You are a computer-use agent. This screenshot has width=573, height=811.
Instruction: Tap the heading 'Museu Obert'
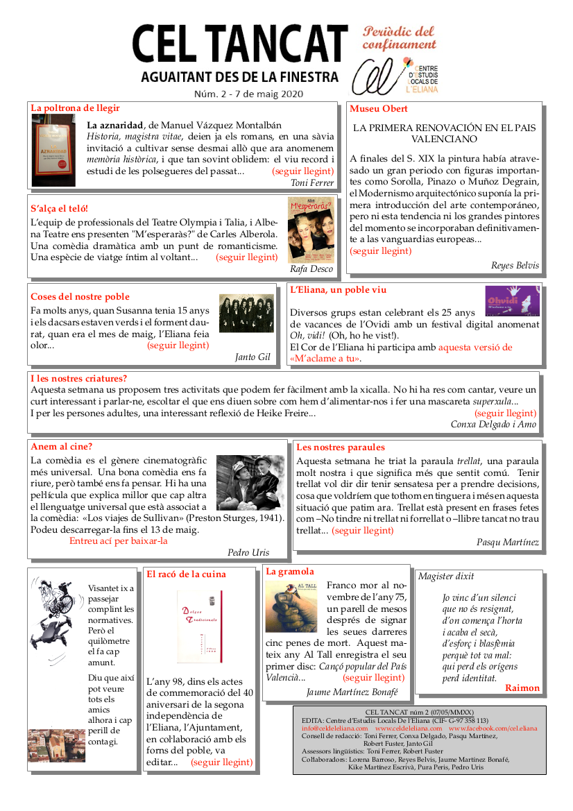pyautogui.click(x=379, y=109)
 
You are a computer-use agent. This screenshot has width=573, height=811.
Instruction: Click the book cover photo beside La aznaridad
pyautogui.click(x=53, y=150)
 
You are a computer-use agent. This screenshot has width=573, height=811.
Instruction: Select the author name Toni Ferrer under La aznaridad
pyautogui.click(x=313, y=183)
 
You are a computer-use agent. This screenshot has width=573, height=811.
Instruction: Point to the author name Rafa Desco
pyautogui.click(x=311, y=268)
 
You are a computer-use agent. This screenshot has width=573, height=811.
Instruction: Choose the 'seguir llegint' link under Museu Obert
pyautogui.click(x=381, y=251)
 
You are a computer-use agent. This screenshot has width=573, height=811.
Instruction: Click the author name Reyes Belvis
pyautogui.click(x=515, y=266)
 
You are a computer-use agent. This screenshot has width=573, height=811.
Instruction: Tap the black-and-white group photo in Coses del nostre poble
pyautogui.click(x=247, y=314)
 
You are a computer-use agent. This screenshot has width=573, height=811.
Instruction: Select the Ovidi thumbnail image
pyautogui.click(x=513, y=300)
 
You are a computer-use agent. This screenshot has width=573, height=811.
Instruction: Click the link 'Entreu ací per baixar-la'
pyautogui.click(x=119, y=540)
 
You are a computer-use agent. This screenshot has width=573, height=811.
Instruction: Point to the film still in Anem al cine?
pyautogui.click(x=250, y=483)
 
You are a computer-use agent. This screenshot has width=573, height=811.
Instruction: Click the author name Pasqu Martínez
pyautogui.click(x=508, y=543)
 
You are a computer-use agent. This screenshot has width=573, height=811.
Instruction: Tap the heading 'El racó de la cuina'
pyautogui.click(x=186, y=574)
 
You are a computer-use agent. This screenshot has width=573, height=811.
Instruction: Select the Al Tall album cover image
pyautogui.click(x=291, y=606)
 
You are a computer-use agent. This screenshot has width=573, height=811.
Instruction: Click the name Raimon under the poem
pyautogui.click(x=522, y=688)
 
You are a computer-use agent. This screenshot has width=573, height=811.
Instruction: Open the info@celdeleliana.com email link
pyautogui.click(x=334, y=728)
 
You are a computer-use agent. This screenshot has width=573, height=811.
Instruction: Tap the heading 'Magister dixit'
pyautogui.click(x=446, y=577)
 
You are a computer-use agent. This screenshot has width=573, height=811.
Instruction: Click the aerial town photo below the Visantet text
pyautogui.click(x=57, y=746)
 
